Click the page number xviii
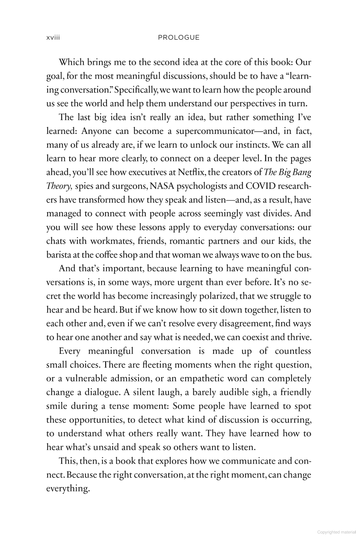53,38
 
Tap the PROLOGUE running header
179,38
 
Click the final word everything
68,489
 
